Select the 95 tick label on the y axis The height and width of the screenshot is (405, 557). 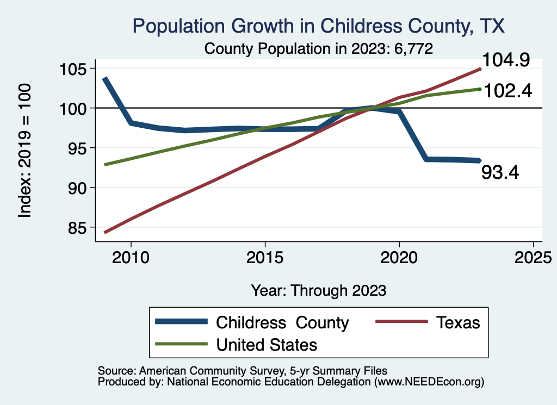pyautogui.click(x=79, y=148)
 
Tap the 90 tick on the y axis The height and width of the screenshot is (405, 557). pyautogui.click(x=79, y=188)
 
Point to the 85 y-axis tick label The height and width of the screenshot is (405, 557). pyautogui.click(x=79, y=227)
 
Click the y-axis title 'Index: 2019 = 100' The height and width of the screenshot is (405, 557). pyautogui.click(x=25, y=151)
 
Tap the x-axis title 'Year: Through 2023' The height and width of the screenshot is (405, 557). pyautogui.click(x=319, y=290)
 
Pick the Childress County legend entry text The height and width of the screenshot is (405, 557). pyautogui.click(x=282, y=322)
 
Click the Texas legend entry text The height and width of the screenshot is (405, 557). pyautogui.click(x=458, y=322)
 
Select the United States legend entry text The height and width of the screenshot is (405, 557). pyautogui.click(x=267, y=344)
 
